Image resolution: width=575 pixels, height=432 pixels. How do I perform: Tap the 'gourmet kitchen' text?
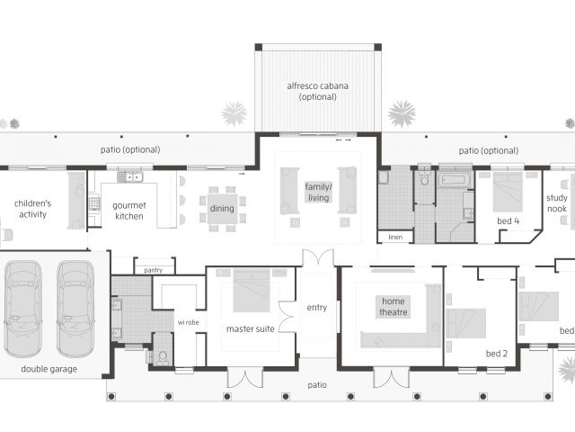click(x=129, y=211)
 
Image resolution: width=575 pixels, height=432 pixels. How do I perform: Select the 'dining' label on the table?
click(x=222, y=208)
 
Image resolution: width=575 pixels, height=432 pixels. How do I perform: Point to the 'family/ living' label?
click(x=318, y=192)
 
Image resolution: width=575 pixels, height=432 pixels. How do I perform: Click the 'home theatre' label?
click(x=394, y=306)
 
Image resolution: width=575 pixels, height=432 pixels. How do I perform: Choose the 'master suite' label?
click(x=250, y=328)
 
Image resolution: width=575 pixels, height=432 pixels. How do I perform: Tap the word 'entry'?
click(x=317, y=308)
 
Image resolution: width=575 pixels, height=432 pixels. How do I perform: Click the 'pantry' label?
click(x=154, y=270)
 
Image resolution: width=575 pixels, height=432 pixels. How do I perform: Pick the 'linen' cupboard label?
click(x=395, y=237)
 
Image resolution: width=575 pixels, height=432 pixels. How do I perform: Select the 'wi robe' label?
click(x=188, y=322)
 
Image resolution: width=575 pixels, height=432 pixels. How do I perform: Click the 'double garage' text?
click(x=49, y=369)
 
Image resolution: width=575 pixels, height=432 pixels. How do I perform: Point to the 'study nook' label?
click(x=557, y=203)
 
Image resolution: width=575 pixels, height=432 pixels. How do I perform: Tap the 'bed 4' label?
click(x=509, y=220)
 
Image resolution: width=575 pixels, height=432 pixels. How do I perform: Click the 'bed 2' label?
click(x=497, y=354)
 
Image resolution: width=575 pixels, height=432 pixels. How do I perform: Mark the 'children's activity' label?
click(x=32, y=209)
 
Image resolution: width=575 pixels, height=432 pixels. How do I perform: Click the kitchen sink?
click(x=130, y=177)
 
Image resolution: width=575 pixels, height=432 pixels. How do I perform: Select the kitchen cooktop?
click(x=94, y=204)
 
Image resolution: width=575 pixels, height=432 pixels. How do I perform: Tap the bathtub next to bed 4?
click(x=456, y=180)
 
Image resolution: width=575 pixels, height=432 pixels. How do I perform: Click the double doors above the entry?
click(x=318, y=257)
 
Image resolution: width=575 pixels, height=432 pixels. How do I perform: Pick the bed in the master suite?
click(x=252, y=285)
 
